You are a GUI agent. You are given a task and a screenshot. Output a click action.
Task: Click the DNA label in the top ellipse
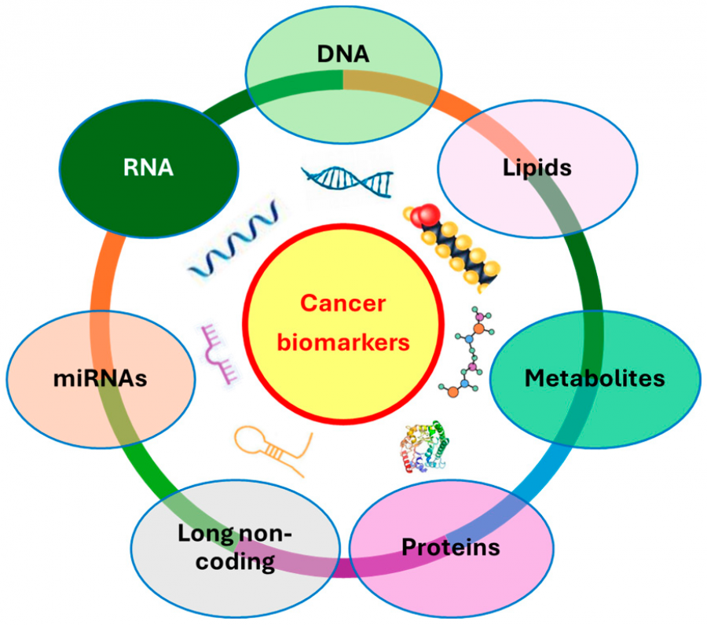343,54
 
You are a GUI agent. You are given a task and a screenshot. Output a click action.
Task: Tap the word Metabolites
595,378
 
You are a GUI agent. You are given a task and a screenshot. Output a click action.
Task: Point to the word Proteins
450,546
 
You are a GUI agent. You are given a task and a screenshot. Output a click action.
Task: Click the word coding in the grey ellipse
236,562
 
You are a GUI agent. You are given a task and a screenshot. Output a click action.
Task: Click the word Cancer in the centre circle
344,303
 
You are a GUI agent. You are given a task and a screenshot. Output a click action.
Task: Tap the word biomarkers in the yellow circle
344,343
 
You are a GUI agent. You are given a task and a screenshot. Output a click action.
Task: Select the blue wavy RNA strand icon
233,239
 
